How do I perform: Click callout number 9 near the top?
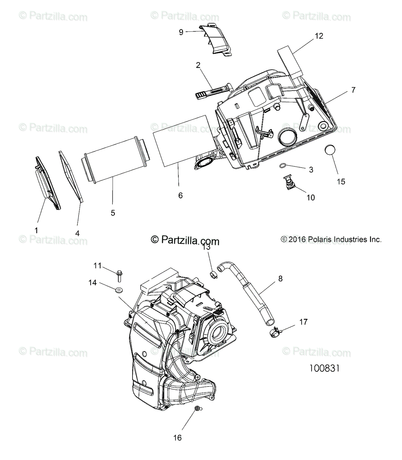coord(181,32)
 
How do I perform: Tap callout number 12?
coord(319,36)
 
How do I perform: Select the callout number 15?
coord(341,181)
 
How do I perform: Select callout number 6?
coord(180,195)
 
